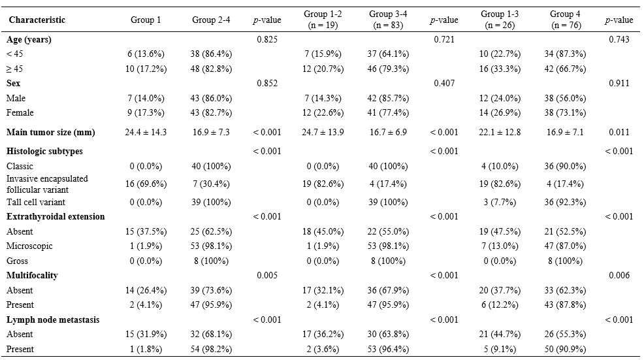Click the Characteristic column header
[37, 20]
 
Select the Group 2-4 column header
[208, 20]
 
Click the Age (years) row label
[29, 40]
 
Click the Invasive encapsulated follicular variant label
[47, 184]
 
